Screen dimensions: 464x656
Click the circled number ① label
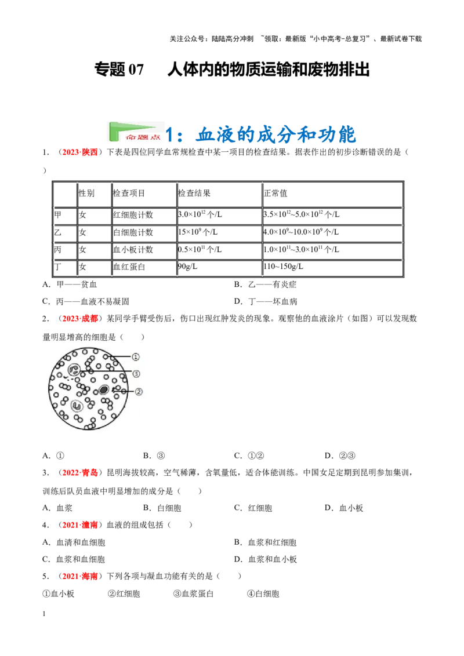[135, 357]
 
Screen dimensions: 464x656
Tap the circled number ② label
[139, 392]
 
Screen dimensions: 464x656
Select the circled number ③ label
[136, 374]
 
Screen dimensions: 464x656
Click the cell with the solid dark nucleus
[104, 390]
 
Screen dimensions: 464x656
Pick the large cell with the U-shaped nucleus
[76, 406]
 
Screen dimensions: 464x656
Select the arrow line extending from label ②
[125, 392]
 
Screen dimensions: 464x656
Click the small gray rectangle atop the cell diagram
[87, 345]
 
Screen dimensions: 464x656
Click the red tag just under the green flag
[79, 152]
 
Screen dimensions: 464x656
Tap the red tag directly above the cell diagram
[79, 318]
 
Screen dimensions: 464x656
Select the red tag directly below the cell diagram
[79, 473]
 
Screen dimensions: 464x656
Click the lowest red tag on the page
[81, 576]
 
